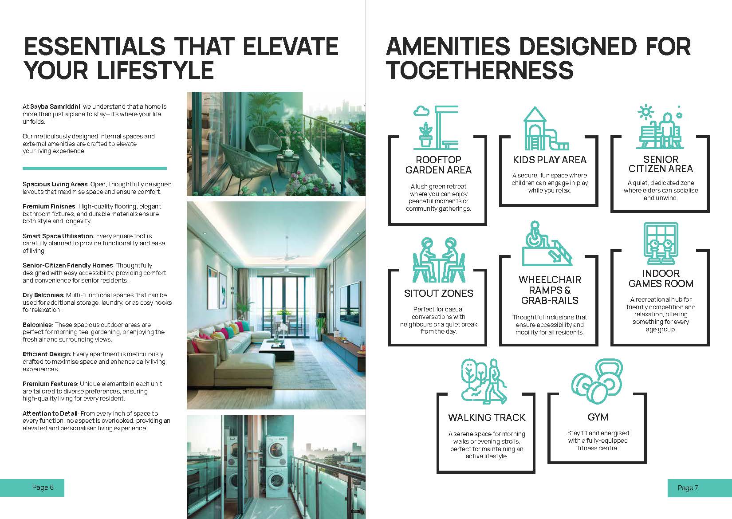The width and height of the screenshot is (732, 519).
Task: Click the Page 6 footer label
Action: tap(43, 488)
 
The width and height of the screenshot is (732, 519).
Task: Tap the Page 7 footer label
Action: tap(688, 488)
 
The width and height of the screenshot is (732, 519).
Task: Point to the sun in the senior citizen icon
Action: tap(645, 112)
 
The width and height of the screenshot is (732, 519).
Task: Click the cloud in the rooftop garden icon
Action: tap(421, 111)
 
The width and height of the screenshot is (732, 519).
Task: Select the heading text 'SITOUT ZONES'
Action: tap(439, 293)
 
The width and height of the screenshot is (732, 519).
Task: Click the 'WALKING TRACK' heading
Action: tap(487, 417)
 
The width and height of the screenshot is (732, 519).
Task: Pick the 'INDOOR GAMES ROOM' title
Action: tap(661, 279)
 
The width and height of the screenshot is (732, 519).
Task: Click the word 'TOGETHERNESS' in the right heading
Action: tap(480, 70)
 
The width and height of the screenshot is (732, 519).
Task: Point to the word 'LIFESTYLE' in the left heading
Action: tap(156, 70)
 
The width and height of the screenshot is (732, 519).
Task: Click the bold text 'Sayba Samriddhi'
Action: tap(55, 106)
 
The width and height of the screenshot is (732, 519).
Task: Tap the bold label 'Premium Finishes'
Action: tap(49, 206)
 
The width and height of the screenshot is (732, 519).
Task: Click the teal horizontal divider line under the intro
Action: tap(94, 168)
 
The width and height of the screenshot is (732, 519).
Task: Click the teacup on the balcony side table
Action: tap(287, 153)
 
